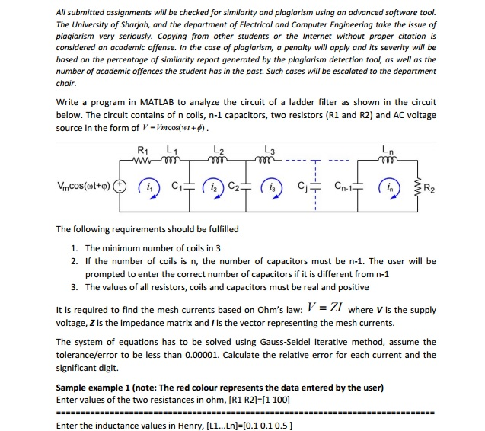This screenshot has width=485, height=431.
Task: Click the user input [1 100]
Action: coord(276,399)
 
